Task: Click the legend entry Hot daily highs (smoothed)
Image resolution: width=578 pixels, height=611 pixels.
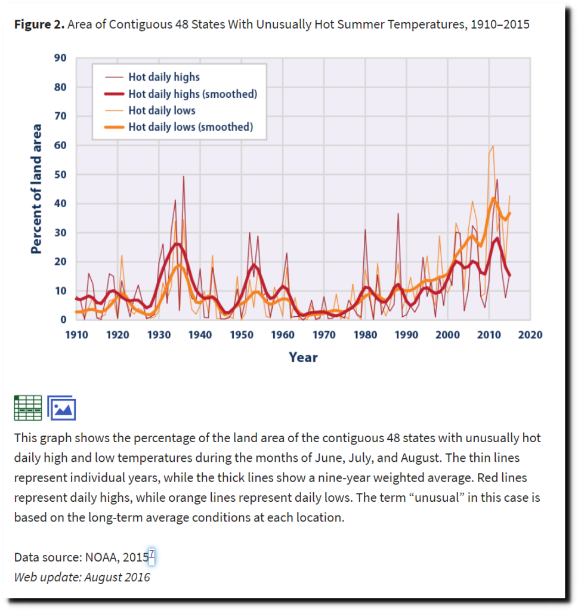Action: coord(193,94)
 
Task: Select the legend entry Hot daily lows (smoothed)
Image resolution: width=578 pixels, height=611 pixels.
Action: coord(191,126)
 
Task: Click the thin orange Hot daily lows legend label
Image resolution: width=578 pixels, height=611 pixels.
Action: coord(162,110)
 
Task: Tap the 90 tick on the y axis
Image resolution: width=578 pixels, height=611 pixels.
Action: coord(60,58)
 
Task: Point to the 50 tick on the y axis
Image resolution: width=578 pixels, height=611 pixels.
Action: coord(60,174)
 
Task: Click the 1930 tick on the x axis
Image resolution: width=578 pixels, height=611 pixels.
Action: coord(159,335)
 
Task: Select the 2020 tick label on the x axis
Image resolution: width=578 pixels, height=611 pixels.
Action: coord(530,335)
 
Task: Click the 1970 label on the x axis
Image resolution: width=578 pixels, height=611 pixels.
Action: coord(324,335)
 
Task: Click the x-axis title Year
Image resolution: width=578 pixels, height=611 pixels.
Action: coord(303,357)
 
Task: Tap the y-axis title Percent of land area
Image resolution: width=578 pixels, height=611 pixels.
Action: coord(36,189)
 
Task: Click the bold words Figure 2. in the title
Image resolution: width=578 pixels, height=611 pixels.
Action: coord(39,24)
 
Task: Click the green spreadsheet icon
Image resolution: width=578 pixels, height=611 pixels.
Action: coord(28,408)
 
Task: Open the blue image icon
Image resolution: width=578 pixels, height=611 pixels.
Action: coord(61,408)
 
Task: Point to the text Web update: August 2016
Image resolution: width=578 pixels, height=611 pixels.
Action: coord(82,577)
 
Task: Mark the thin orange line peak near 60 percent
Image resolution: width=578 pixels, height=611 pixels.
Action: coord(493,146)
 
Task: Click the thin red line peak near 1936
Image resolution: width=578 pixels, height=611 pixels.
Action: coord(184,177)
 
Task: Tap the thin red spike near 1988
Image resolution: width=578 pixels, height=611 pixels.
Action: coord(398,214)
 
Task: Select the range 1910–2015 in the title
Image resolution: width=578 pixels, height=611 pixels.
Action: coord(500,24)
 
